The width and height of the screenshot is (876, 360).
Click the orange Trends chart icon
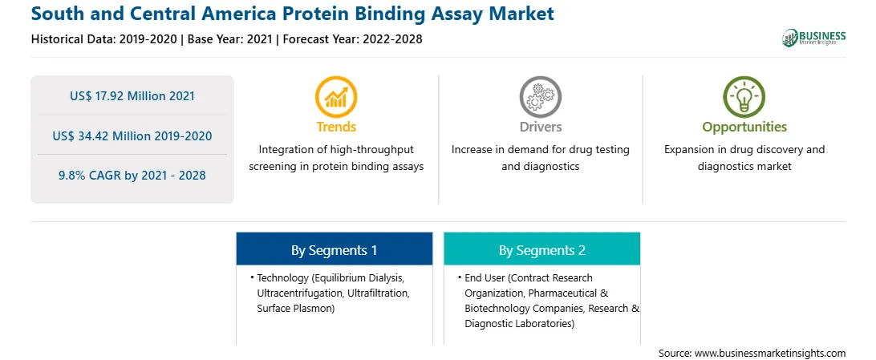(336, 96)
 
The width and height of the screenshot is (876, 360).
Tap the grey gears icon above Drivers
(540, 96)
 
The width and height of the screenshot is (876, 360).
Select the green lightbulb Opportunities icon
(744, 96)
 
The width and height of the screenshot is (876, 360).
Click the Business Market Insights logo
(813, 38)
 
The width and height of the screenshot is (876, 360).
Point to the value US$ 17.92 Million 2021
(132, 96)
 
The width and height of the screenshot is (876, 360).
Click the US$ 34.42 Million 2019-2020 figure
(132, 136)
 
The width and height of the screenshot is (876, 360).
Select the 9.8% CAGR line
(132, 176)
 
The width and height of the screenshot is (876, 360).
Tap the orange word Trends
(336, 127)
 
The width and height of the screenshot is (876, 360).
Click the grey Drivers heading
(540, 127)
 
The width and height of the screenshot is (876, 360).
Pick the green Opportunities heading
(744, 127)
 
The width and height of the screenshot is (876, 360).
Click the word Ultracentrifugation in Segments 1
(295, 293)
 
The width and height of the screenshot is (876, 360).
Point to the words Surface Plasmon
(295, 308)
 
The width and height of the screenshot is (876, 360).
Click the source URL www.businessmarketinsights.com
(770, 354)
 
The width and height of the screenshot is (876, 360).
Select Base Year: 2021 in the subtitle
(230, 39)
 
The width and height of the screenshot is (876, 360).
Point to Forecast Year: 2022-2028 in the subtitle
(351, 39)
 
